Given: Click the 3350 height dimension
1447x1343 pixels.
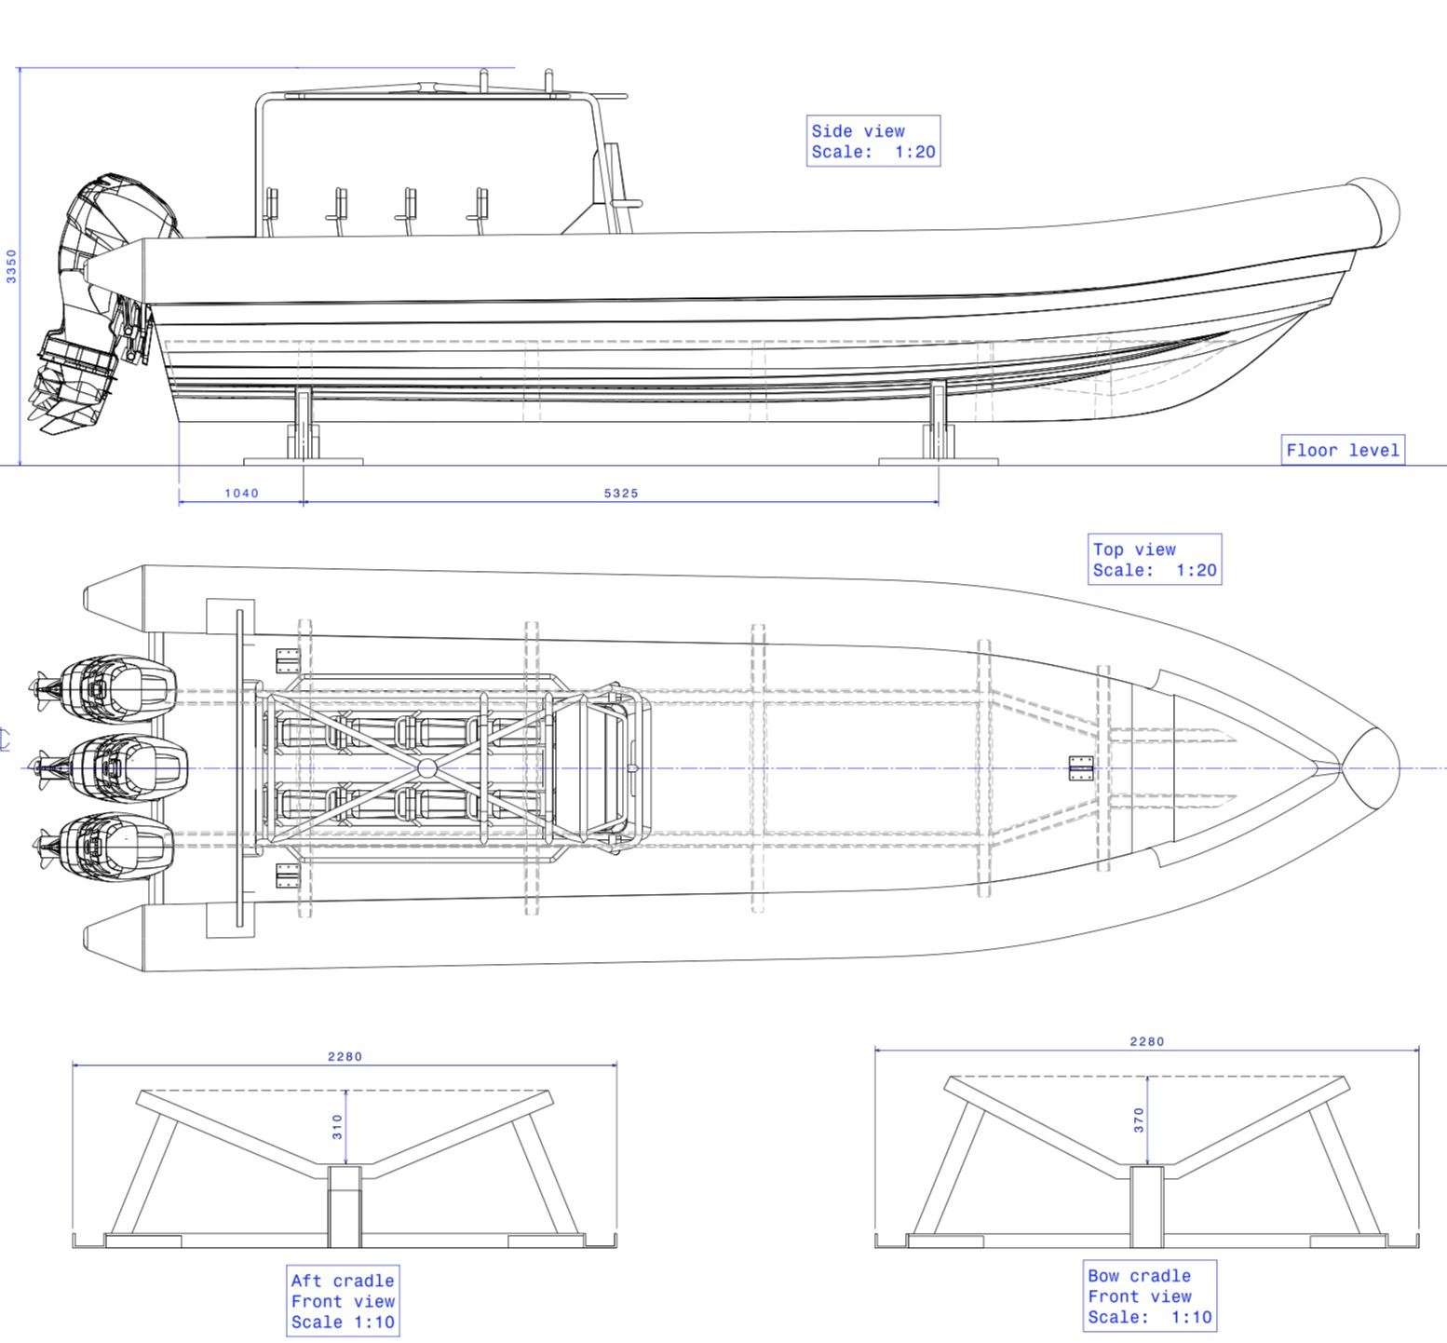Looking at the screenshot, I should (x=11, y=265).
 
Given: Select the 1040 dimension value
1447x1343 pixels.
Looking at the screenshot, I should (x=241, y=493).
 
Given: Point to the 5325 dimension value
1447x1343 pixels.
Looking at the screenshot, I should (x=621, y=493).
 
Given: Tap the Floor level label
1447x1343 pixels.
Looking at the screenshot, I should (x=1342, y=451).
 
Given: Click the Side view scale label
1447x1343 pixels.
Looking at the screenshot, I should (x=872, y=142).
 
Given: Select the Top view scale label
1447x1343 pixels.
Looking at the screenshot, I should (x=1154, y=560).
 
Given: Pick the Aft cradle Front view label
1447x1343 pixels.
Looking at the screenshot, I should (x=343, y=1301).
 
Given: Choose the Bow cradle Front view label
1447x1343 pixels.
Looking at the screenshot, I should (x=1150, y=1296).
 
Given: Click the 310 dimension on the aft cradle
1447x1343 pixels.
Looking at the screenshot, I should (x=337, y=1127).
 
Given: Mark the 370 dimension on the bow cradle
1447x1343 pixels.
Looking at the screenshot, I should (x=1139, y=1119).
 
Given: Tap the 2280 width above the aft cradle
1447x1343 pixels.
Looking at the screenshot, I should (x=345, y=1056).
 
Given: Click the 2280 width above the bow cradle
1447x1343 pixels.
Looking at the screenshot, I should (x=1146, y=1041).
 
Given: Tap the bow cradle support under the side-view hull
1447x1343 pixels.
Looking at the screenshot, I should (x=939, y=424).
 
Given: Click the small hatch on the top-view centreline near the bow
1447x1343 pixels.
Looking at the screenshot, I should (x=1080, y=768).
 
